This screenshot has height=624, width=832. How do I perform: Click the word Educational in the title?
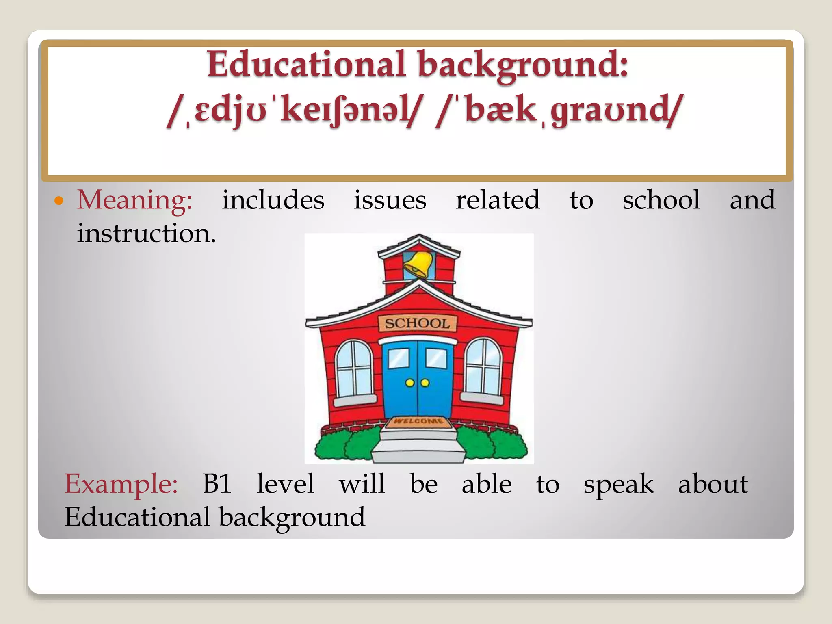(x=307, y=64)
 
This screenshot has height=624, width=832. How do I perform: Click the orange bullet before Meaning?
(x=59, y=201)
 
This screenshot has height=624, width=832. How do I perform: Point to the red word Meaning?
(x=134, y=201)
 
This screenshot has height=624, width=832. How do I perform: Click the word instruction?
(x=146, y=234)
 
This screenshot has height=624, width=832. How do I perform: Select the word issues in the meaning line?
(x=390, y=200)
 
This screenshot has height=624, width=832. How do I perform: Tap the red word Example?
(x=121, y=484)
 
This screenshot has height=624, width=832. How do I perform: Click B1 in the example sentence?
(x=217, y=484)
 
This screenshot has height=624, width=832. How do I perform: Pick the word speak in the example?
(x=618, y=485)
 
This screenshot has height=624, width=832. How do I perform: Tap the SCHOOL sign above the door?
(x=418, y=324)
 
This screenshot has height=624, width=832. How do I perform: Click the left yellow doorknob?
(x=410, y=383)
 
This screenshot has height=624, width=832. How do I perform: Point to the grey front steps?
(x=418, y=447)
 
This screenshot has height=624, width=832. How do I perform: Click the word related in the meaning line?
(x=497, y=200)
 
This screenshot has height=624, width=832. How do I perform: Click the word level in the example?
(x=285, y=484)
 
